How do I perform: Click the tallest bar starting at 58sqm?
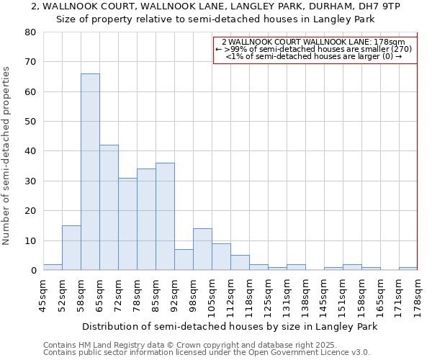click(x=90, y=172)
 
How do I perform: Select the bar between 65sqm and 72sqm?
click(x=109, y=207)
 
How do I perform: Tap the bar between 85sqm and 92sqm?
click(x=165, y=217)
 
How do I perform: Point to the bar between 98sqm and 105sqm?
click(x=202, y=249)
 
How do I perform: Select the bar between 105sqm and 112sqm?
click(x=221, y=257)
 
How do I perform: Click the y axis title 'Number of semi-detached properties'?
click(x=7, y=156)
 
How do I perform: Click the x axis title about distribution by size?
click(x=230, y=326)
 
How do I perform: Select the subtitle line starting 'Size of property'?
click(x=216, y=19)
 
